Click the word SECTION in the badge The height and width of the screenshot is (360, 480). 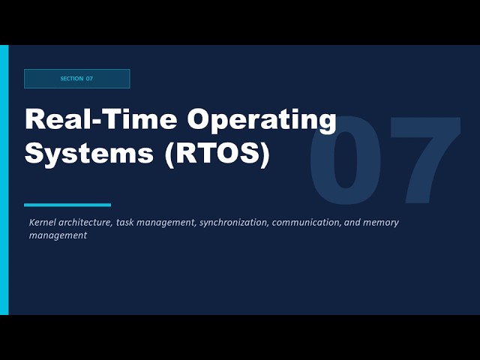pyautogui.click(x=72, y=79)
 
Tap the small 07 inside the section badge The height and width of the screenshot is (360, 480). pyautogui.click(x=89, y=79)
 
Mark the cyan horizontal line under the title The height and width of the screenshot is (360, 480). pyautogui.click(x=67, y=205)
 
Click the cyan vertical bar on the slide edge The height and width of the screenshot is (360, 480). pyautogui.click(x=4, y=180)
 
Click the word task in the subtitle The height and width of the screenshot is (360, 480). pyautogui.click(x=124, y=223)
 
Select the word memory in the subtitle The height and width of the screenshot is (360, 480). pyautogui.click(x=383, y=223)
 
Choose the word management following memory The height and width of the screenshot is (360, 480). pyautogui.click(x=58, y=235)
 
